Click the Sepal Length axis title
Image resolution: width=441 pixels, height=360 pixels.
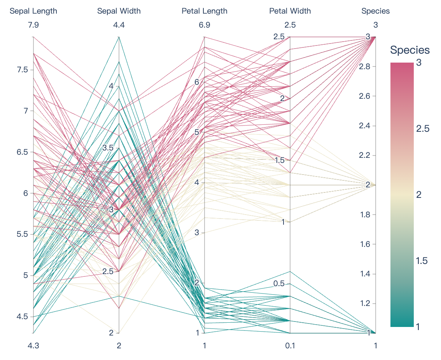click(33, 11)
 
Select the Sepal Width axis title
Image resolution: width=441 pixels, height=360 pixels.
click(119, 11)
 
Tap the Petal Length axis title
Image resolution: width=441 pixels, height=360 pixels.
click(205, 11)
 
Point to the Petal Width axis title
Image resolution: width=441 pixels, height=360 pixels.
click(290, 11)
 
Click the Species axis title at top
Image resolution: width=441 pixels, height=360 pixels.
click(376, 11)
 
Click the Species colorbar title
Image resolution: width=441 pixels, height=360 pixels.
click(410, 50)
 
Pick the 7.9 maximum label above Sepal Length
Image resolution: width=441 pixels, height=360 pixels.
click(33, 25)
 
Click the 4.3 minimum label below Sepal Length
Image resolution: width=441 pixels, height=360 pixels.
click(33, 345)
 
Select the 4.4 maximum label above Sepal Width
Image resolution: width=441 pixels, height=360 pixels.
click(119, 25)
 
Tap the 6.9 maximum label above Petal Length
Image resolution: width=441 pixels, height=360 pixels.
click(205, 25)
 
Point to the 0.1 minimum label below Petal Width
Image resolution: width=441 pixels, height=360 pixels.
click(290, 345)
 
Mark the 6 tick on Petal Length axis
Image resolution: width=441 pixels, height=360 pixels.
click(197, 82)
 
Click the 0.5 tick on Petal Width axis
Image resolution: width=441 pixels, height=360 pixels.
click(279, 284)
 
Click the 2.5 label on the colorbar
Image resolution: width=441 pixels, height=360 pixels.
click(423, 129)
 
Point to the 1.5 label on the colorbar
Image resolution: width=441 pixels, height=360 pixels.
click(423, 261)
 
